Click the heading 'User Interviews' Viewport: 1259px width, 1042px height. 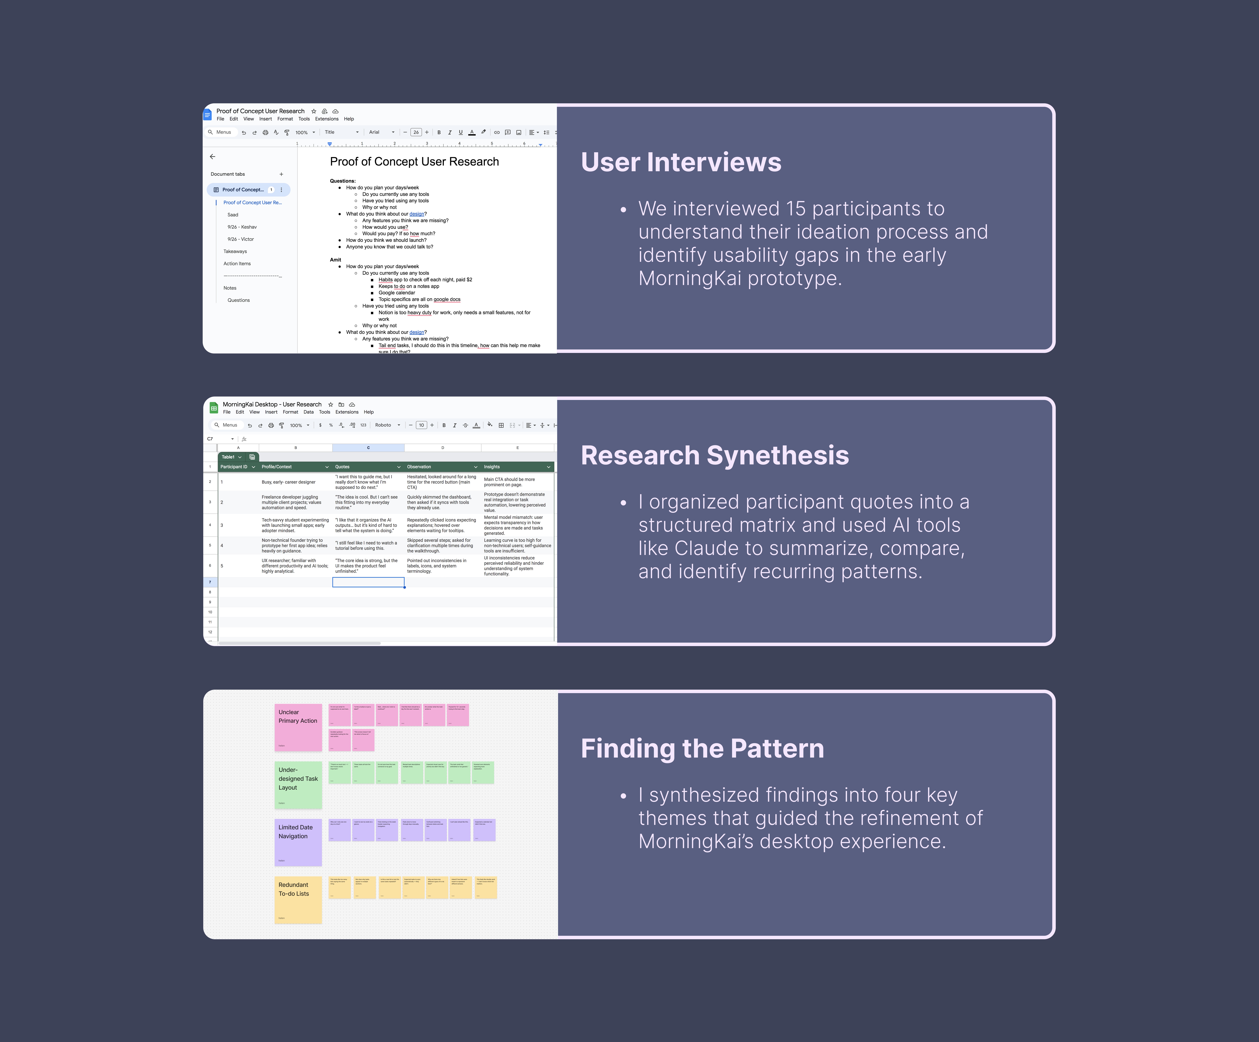coord(680,162)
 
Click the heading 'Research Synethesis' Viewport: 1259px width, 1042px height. coord(715,455)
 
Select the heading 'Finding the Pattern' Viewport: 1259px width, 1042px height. coord(702,748)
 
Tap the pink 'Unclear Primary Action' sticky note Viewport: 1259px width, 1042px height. coord(298,727)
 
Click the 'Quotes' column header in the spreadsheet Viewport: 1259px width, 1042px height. coord(342,467)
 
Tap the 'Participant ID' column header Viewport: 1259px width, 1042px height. coord(234,467)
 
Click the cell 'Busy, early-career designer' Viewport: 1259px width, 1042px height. coord(288,482)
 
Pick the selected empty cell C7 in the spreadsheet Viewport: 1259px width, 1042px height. coord(368,582)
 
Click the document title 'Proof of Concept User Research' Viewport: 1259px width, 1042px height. coord(414,162)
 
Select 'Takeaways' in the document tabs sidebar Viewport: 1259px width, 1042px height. coord(235,252)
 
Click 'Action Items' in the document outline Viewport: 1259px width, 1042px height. coord(237,264)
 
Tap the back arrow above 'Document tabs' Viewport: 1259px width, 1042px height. coord(212,156)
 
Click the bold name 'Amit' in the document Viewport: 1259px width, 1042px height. coord(335,260)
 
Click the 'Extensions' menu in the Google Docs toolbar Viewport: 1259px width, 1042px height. coord(327,119)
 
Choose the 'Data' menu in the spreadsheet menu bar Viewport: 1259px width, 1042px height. coord(308,412)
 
